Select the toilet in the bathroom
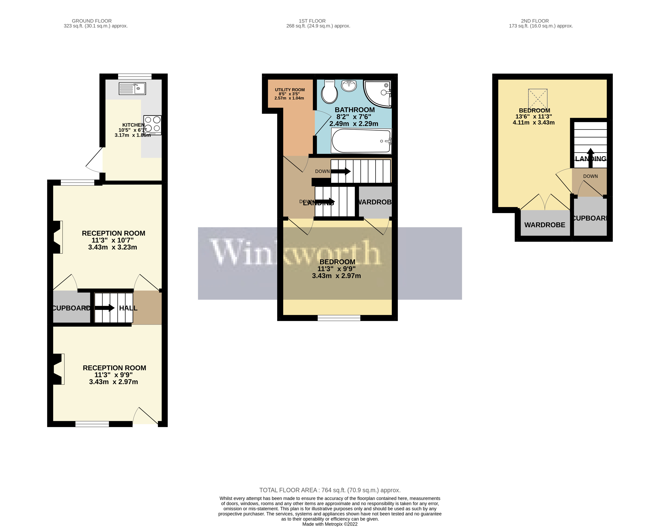pyautogui.click(x=330, y=91)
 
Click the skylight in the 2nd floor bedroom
pyautogui.click(x=538, y=99)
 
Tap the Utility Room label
pyautogui.click(x=290, y=90)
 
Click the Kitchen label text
pyautogui.click(x=133, y=125)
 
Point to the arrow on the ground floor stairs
pyautogui.click(x=104, y=308)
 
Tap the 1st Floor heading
pyautogui.click(x=312, y=21)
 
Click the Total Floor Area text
pyautogui.click(x=330, y=490)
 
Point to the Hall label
pyautogui.click(x=128, y=308)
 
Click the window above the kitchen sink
pyautogui.click(x=135, y=76)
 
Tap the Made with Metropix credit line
pyautogui.click(x=330, y=524)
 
